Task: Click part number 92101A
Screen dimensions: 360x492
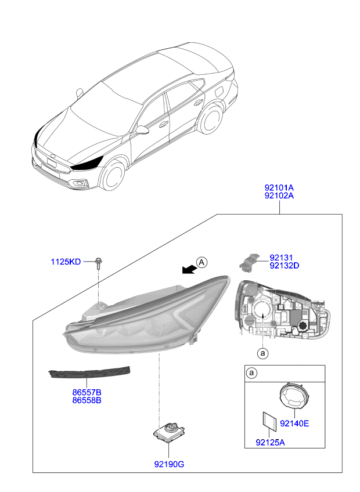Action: pos(279,187)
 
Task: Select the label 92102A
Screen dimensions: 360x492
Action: pos(279,196)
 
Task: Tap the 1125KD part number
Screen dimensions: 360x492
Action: pos(66,262)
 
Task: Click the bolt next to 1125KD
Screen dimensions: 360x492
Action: pos(99,263)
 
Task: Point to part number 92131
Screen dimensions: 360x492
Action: pos(281,258)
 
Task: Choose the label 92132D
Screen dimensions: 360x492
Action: pos(285,266)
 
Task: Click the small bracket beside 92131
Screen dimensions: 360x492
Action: pos(250,262)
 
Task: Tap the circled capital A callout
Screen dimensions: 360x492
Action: pos(201,262)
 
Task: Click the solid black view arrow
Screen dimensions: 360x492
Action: pos(189,269)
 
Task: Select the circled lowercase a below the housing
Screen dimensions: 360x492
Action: pos(262,354)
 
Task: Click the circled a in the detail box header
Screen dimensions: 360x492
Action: pos(251,373)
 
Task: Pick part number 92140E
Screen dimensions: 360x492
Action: pos(294,424)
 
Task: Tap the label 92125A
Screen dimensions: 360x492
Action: pos(270,443)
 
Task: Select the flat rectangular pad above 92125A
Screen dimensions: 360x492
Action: pos(269,421)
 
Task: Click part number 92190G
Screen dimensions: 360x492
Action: pos(169,464)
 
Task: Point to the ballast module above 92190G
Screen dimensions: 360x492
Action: pos(169,432)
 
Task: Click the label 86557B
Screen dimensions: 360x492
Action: pos(87,392)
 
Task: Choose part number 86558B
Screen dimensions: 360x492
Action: pos(87,400)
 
